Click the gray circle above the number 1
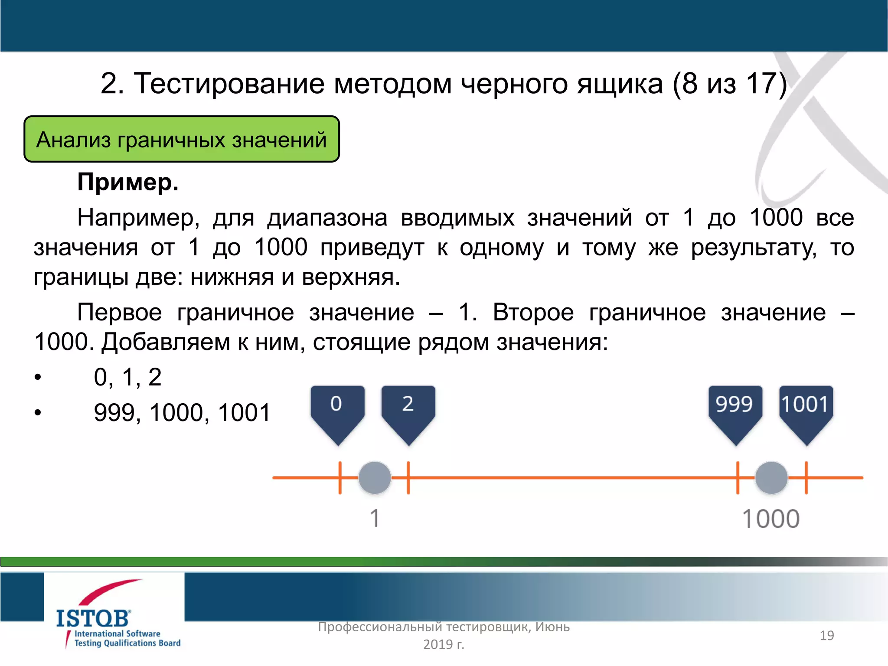[375, 477]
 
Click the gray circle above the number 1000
[771, 477]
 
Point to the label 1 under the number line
[375, 519]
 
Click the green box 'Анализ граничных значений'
[181, 140]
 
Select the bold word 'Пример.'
[128, 182]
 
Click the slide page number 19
[826, 636]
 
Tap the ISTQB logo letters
[93, 618]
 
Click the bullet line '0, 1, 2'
[127, 377]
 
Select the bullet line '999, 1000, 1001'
[182, 412]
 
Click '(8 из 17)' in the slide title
[729, 83]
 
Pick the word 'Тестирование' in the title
[229, 83]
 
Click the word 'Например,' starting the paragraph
[138, 218]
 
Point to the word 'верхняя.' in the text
[351, 277]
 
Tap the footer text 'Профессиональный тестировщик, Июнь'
[444, 627]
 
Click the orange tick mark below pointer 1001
[806, 477]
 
